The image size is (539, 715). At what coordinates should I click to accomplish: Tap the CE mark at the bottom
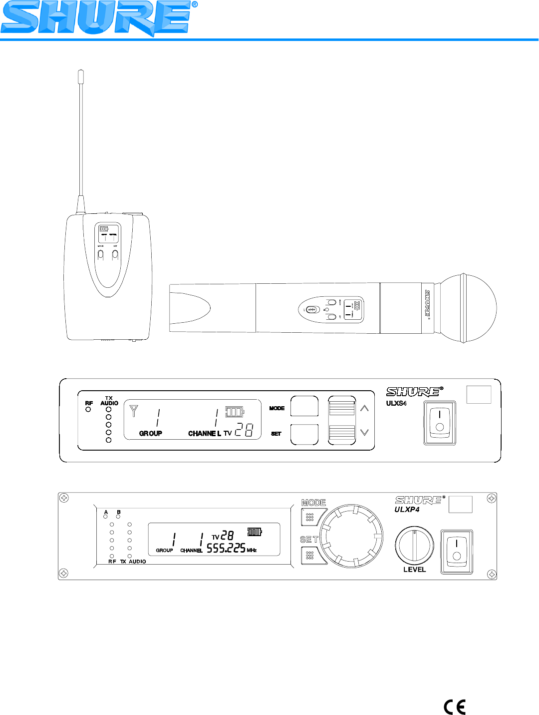[x=455, y=707]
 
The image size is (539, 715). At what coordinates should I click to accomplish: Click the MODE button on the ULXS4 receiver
[x=304, y=406]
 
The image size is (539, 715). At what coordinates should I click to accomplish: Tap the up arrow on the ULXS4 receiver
[x=364, y=408]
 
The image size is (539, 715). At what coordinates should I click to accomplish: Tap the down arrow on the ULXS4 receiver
[x=364, y=432]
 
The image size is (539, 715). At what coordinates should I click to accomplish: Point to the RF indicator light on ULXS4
[x=88, y=409]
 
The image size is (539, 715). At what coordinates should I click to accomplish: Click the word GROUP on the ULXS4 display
[x=150, y=433]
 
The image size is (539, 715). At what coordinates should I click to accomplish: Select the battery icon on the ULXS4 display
[x=235, y=412]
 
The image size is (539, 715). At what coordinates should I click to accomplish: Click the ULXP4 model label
[x=407, y=510]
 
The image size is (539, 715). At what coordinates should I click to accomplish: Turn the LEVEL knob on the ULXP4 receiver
[x=414, y=545]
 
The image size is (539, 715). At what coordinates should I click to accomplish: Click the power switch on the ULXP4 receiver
[x=457, y=552]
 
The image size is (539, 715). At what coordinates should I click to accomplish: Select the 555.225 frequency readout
[x=226, y=548]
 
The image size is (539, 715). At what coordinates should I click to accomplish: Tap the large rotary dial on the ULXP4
[x=352, y=536]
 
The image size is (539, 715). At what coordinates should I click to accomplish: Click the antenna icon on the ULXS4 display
[x=133, y=411]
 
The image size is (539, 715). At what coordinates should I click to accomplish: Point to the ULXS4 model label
[x=396, y=403]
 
